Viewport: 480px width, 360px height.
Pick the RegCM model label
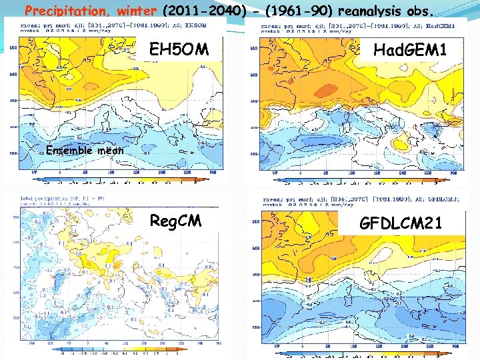pos(175,221)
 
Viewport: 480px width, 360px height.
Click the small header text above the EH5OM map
pos(113,26)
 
